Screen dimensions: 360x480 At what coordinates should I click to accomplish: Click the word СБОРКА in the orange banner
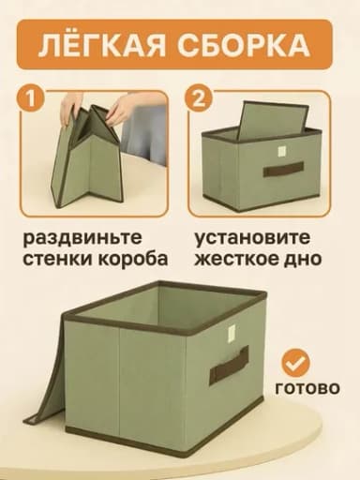point(244,46)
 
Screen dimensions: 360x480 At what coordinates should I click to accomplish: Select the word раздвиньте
point(82,239)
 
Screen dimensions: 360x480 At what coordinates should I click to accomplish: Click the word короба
point(133,259)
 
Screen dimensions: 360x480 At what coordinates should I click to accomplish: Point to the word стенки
point(58,260)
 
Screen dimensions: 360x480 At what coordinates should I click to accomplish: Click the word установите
point(252,238)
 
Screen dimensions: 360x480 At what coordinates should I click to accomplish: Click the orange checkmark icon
point(295,363)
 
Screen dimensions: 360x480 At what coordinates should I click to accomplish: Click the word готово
point(307,389)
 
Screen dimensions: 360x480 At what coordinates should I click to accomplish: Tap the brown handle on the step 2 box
point(283,169)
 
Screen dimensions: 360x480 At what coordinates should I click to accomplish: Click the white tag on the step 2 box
point(282,151)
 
